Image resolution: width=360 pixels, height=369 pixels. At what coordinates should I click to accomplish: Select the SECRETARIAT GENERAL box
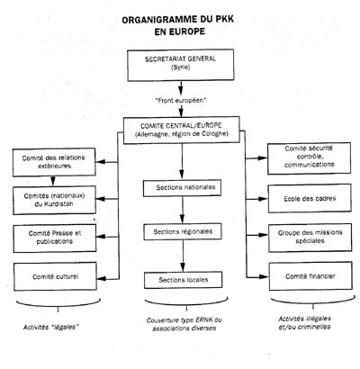[x=181, y=65]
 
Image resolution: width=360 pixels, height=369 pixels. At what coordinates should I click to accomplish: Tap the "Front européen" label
[x=181, y=101]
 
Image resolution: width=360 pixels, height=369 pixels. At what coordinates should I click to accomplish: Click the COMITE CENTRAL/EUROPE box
[x=182, y=130]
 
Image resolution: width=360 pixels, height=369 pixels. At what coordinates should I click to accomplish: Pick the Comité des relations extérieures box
[x=54, y=162]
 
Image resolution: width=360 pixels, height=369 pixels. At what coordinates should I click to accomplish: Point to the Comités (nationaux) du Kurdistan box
[x=54, y=200]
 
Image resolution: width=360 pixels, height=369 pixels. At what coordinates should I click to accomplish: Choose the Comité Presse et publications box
[x=55, y=238]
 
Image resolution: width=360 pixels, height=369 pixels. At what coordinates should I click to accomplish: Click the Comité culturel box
[x=55, y=276]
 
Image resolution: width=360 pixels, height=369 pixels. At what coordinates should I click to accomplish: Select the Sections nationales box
[x=183, y=188]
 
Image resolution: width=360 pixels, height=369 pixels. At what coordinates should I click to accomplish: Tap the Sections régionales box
[x=183, y=231]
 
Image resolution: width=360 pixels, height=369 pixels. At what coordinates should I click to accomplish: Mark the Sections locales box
[x=184, y=280]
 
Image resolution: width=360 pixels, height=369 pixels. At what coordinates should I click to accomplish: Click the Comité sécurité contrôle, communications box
[x=309, y=158]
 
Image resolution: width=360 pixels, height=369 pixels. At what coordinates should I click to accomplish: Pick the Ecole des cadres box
[x=310, y=198]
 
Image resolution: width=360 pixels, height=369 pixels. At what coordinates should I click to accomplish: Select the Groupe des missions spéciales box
[x=310, y=237]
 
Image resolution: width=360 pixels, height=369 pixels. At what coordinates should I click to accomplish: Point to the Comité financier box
[x=310, y=276]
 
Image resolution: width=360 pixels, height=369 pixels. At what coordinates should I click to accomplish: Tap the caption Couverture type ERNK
[x=184, y=320]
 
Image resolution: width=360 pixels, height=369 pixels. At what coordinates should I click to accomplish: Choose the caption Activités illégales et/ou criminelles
[x=304, y=322]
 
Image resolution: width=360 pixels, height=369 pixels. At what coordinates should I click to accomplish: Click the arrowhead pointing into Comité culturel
[x=102, y=279]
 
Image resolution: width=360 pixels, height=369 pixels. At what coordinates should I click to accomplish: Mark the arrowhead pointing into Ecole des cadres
[x=263, y=199]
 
